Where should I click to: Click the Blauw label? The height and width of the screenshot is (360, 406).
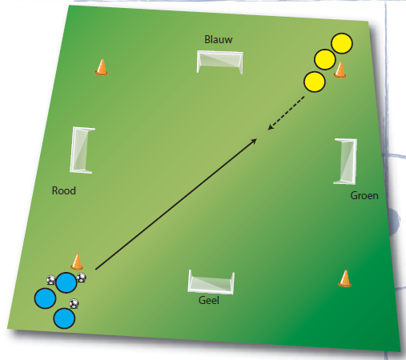pyautogui.click(x=219, y=39)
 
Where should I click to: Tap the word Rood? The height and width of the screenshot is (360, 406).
pyautogui.click(x=64, y=190)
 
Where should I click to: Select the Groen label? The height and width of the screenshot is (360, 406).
pyautogui.click(x=364, y=195)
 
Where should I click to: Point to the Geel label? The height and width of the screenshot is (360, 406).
pyautogui.click(x=209, y=300)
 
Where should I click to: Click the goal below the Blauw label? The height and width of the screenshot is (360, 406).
pyautogui.click(x=219, y=62)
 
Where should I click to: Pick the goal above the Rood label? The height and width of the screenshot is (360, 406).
pyautogui.click(x=82, y=150)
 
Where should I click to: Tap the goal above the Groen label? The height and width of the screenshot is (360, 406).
pyautogui.click(x=345, y=162)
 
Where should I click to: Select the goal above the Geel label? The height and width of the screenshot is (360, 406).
pyautogui.click(x=211, y=282)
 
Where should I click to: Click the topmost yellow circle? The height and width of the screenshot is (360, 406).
pyautogui.click(x=342, y=43)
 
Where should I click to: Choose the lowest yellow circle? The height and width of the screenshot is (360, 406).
pyautogui.click(x=315, y=82)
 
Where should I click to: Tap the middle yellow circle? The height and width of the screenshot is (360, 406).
pyautogui.click(x=325, y=60)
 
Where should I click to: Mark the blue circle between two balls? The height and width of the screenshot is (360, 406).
pyautogui.click(x=66, y=282)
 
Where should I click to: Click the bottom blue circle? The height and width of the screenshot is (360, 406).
pyautogui.click(x=64, y=318)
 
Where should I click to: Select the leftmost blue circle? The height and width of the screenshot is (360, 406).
pyautogui.click(x=45, y=298)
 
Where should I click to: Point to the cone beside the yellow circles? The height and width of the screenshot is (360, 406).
pyautogui.click(x=340, y=70)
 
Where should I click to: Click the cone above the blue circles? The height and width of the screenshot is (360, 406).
pyautogui.click(x=77, y=262)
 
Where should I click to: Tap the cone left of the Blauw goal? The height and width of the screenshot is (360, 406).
pyautogui.click(x=102, y=67)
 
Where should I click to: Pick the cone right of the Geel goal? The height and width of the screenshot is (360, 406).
pyautogui.click(x=345, y=278)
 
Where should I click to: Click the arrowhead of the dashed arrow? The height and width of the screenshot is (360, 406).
pyautogui.click(x=270, y=127)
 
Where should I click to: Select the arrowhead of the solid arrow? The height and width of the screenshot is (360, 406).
pyautogui.click(x=254, y=141)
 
